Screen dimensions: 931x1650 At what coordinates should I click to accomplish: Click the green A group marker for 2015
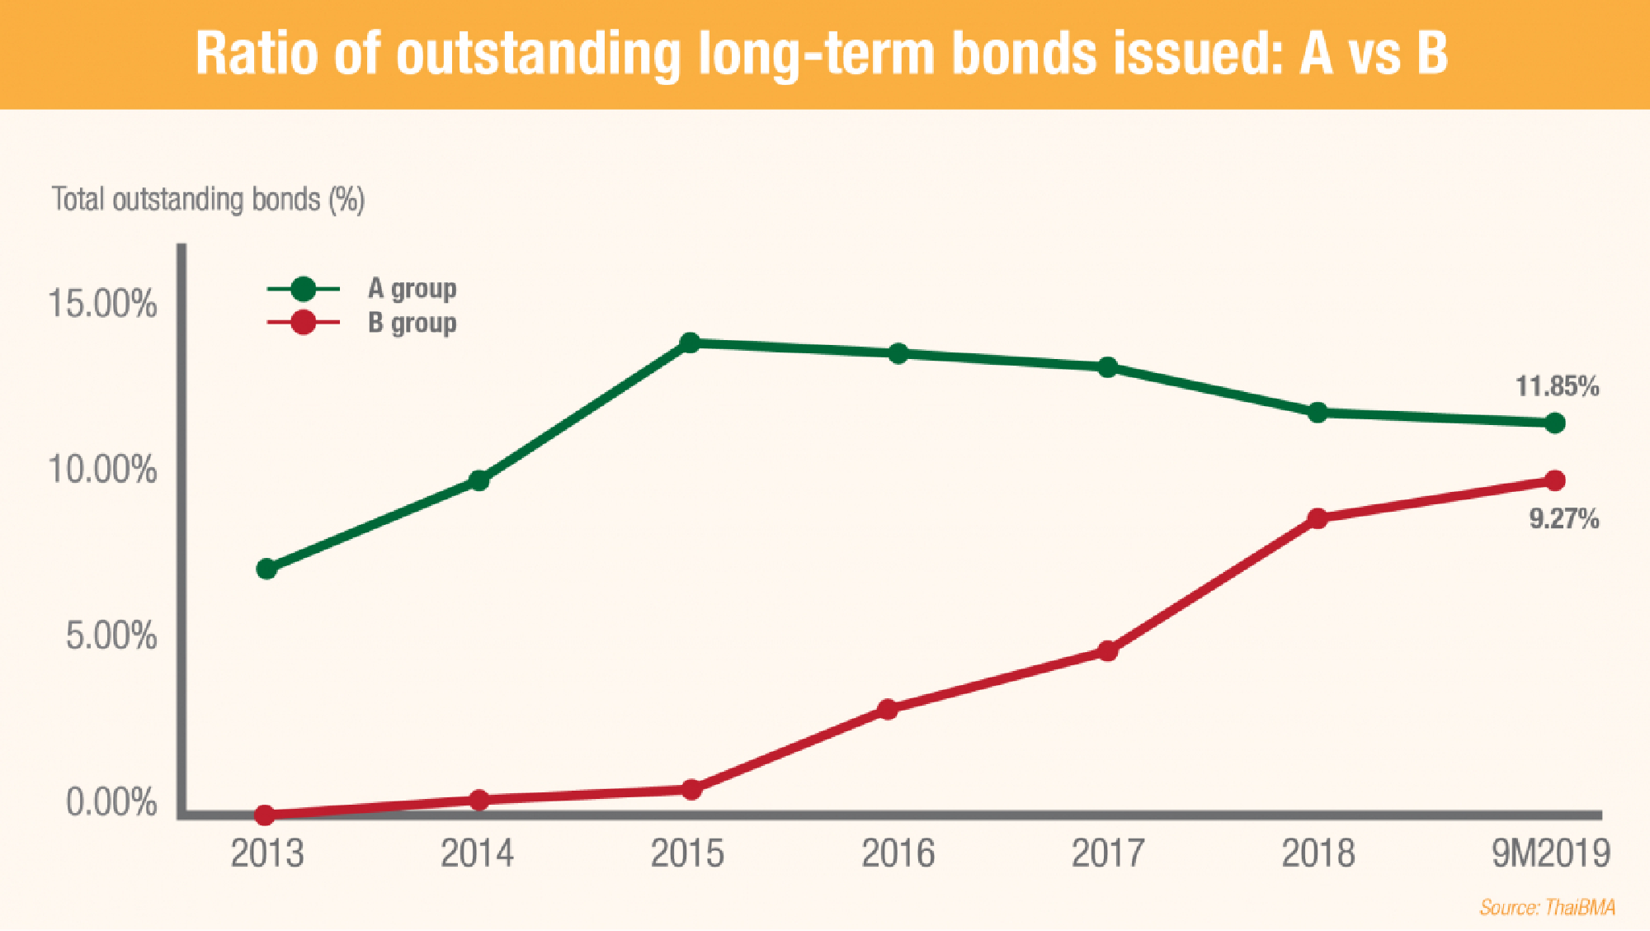[691, 343]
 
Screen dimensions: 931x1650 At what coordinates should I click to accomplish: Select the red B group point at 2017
[1108, 651]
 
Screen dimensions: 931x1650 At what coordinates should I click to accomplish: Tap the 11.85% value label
[1557, 386]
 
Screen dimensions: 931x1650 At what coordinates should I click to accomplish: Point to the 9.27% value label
[1563, 519]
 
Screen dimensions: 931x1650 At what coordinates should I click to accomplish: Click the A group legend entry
[411, 289]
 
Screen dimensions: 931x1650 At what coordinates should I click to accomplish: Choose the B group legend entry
[411, 324]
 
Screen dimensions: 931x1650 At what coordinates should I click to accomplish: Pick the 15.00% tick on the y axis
[102, 305]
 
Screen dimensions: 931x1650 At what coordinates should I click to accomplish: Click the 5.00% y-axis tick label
[111, 636]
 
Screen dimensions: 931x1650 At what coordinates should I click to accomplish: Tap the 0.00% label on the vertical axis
[111, 802]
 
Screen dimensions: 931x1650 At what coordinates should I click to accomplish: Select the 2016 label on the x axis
[898, 853]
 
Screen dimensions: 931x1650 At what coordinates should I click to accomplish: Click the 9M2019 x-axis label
[1550, 853]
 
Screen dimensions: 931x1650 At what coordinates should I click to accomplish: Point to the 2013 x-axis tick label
[266, 853]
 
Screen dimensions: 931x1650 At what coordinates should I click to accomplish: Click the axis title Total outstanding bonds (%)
[208, 200]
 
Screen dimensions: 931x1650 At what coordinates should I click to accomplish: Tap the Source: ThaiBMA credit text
[1547, 908]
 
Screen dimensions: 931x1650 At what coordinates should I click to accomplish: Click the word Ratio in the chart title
[257, 54]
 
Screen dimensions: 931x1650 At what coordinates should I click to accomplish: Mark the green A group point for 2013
[266, 569]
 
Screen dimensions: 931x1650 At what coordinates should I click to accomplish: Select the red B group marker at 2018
[1318, 518]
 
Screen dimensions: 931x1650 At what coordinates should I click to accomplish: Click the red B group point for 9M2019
[1554, 480]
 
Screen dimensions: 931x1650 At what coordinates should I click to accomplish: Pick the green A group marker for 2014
[478, 480]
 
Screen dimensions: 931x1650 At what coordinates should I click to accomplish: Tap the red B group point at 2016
[888, 709]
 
